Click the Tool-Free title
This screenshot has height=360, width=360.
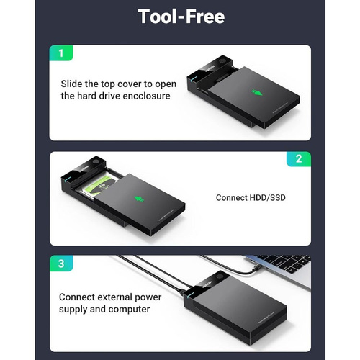[x=181, y=17]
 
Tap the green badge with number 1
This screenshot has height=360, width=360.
[x=61, y=53]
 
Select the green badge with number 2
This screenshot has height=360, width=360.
[x=299, y=159]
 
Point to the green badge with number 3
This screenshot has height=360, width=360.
[x=61, y=264]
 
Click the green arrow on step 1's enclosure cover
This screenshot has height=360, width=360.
[x=257, y=92]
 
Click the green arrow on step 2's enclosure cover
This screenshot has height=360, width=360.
[x=139, y=199]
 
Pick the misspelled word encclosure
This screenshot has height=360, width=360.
[x=147, y=96]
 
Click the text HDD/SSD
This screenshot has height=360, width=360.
[x=268, y=198]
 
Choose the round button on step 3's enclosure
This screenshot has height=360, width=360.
[x=220, y=276]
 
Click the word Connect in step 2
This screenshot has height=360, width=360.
[x=231, y=198]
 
